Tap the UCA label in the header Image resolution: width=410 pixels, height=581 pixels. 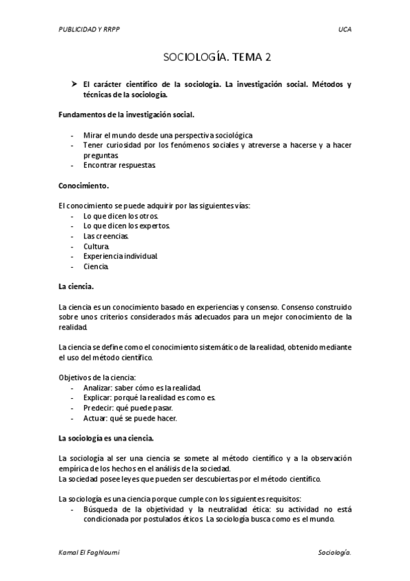(344, 30)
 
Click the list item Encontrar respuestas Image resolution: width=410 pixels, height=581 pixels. (120, 165)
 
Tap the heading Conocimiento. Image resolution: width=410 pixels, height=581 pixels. (84, 185)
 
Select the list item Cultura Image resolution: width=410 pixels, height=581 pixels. (96, 245)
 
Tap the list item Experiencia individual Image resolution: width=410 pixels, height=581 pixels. (120, 256)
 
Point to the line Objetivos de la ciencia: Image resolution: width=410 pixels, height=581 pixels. (97, 377)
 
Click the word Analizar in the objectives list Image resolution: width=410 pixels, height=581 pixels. (98, 387)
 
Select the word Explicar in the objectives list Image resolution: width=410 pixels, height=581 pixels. (97, 397)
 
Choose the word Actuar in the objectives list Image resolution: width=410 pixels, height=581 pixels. (95, 418)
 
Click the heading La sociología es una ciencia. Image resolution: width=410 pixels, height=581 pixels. (106, 437)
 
